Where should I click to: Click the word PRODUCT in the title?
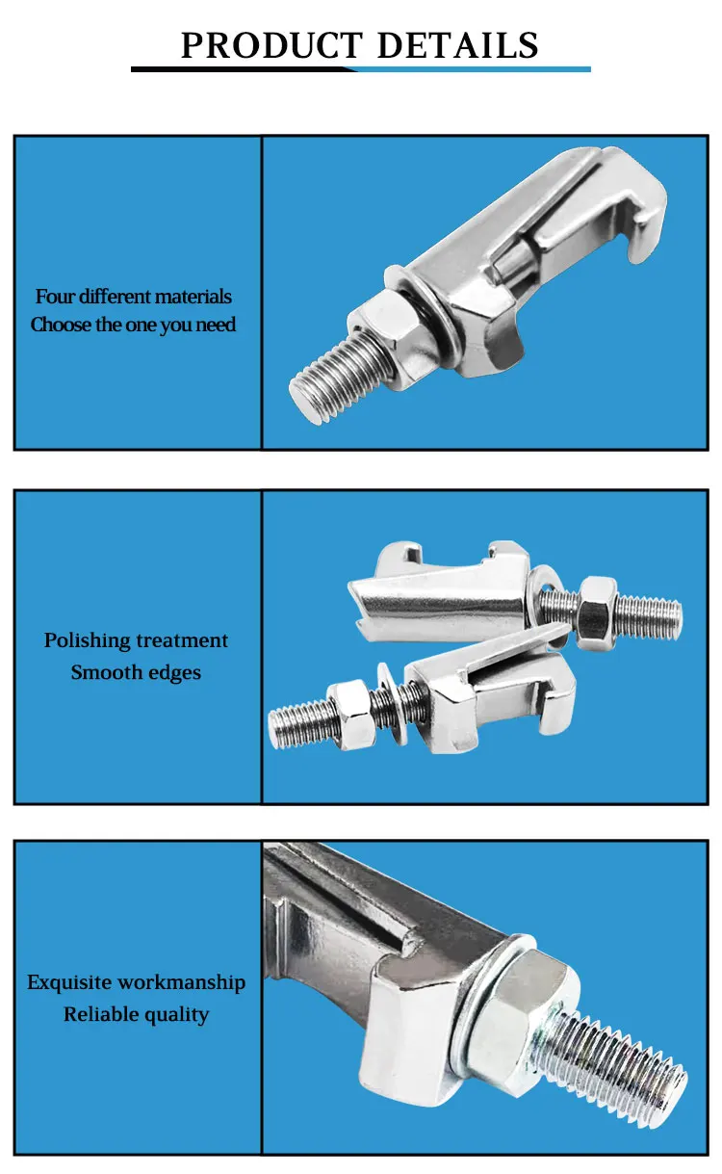(271, 44)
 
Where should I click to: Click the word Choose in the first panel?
(61, 325)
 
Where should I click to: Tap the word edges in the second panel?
(173, 672)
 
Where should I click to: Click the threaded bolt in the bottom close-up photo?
(626, 1069)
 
